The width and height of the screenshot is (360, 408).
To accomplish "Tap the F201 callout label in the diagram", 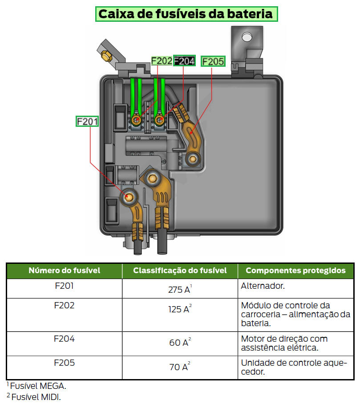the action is (87, 121).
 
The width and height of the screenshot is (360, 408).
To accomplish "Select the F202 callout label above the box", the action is (162, 61).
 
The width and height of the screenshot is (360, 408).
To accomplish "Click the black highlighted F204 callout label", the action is (184, 61).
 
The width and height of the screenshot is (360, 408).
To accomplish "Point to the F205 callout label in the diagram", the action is (213, 61).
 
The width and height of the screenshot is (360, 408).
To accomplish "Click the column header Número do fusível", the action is (64, 271).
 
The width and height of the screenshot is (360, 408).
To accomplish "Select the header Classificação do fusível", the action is (180, 271).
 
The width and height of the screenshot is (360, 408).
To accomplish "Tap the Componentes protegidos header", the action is (295, 271).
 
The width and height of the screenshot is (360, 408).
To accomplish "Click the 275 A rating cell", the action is (180, 289).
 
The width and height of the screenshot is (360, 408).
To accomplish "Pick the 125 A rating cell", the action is (180, 309).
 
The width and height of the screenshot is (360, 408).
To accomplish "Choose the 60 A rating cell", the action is (180, 342).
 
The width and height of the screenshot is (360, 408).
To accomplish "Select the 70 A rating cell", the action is (180, 366).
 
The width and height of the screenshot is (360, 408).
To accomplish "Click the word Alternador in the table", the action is (263, 286).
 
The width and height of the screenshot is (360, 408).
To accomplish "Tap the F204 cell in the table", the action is (64, 339).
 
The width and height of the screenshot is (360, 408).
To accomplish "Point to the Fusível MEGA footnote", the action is (36, 386).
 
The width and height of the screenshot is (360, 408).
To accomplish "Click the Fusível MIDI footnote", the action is (34, 397).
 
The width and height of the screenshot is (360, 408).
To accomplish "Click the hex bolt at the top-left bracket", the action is (106, 56).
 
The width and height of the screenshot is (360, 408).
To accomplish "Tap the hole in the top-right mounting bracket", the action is (247, 37).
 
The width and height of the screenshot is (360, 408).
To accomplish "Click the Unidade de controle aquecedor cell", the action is (294, 367).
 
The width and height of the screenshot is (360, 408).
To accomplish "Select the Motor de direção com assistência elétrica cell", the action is (284, 343).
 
